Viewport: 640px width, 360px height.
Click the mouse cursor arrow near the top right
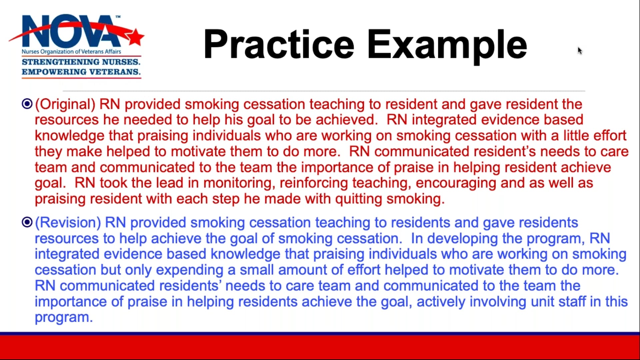coord(580,50)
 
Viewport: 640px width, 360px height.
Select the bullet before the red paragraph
coord(27,104)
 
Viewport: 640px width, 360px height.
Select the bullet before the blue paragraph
coord(27,222)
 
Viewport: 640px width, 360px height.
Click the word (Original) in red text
coord(65,104)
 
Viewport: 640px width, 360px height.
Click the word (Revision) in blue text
coord(68,223)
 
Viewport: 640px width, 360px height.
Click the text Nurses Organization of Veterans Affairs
coord(71,52)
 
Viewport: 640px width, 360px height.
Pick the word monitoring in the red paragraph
coord(239,183)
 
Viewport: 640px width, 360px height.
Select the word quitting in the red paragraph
coord(358,199)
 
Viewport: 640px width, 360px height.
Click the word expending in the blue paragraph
coord(189,270)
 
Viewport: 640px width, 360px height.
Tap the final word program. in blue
coord(63,318)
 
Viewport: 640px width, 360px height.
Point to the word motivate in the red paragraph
coord(198,152)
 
